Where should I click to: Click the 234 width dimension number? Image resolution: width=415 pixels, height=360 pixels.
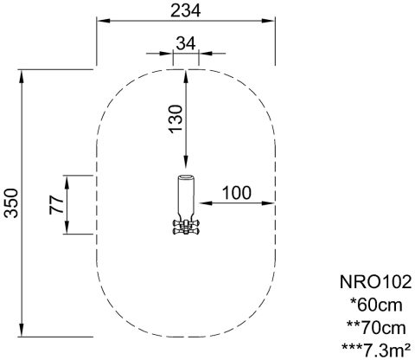click(186, 11)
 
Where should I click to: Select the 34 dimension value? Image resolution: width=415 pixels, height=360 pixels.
click(186, 43)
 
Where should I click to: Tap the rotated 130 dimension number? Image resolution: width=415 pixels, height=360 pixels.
click(176, 119)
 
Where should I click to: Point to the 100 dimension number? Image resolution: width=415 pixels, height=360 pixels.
click(237, 193)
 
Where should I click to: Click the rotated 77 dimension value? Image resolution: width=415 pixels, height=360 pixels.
click(56, 204)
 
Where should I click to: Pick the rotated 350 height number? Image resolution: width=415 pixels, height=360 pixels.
click(12, 202)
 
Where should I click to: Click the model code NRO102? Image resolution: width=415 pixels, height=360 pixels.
click(375, 282)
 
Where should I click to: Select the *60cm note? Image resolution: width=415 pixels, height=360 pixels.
click(376, 305)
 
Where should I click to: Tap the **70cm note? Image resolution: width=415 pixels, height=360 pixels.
click(376, 328)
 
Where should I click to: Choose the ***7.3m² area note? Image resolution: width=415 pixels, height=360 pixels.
click(376, 350)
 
